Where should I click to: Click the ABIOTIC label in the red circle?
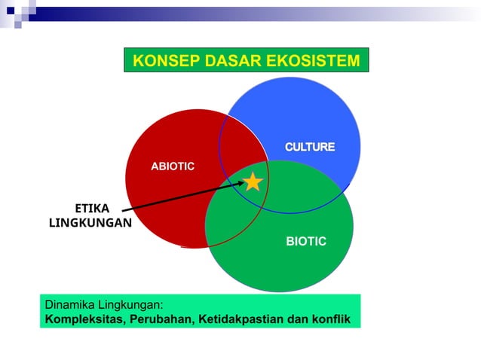click(x=173, y=166)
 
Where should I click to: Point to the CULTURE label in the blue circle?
click(x=309, y=146)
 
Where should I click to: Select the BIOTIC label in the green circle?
click(x=306, y=241)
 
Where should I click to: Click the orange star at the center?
click(x=253, y=182)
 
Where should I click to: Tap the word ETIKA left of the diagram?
click(x=92, y=209)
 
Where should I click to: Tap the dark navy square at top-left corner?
click(x=10, y=11)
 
